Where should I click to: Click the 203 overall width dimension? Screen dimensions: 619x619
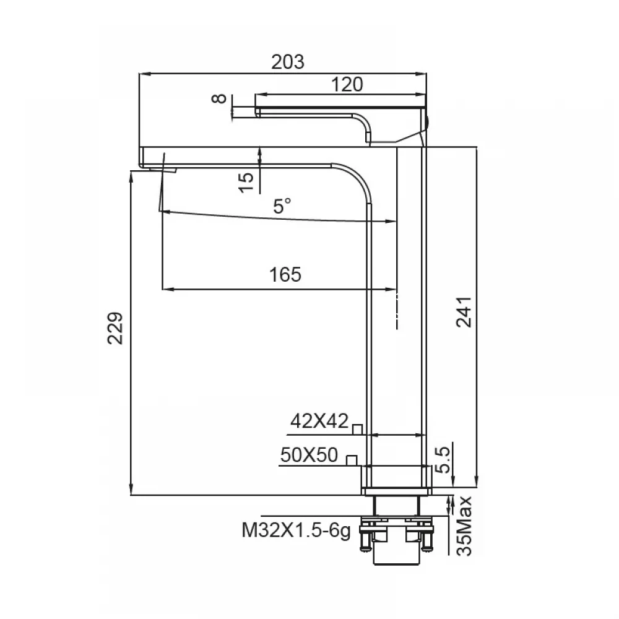pos(288,62)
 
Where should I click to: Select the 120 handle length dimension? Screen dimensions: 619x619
pos(347,84)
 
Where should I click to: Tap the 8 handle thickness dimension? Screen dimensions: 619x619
pos(220,98)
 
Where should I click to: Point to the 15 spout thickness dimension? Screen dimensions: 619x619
pos(246,183)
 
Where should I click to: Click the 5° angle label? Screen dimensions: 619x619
pos(282,206)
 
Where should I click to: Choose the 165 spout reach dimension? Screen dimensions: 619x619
pos(285,274)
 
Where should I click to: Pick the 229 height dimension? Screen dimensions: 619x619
pos(115,329)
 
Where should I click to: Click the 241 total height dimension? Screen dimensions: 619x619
pos(464,312)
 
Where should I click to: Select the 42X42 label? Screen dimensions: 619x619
pos(319,421)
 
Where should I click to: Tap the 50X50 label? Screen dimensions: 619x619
pos(309,455)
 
